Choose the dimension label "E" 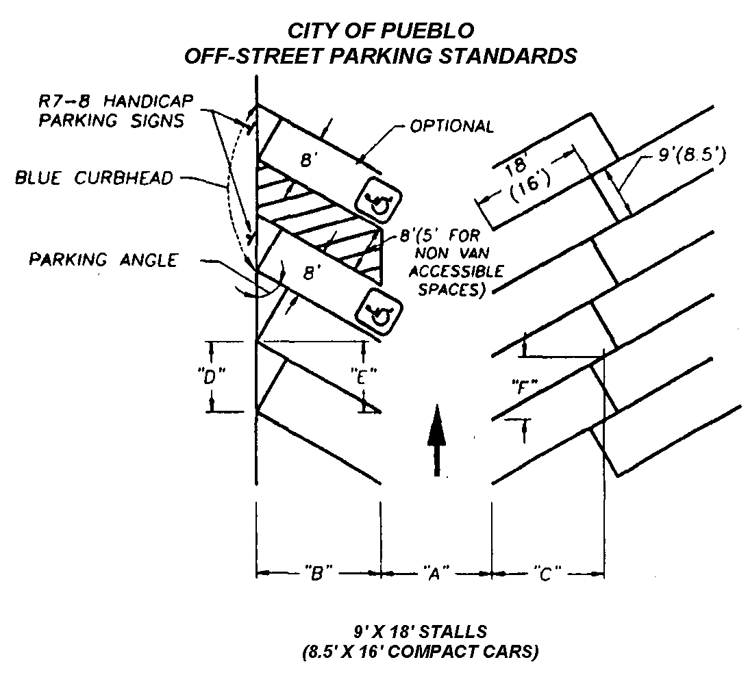point(364,376)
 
